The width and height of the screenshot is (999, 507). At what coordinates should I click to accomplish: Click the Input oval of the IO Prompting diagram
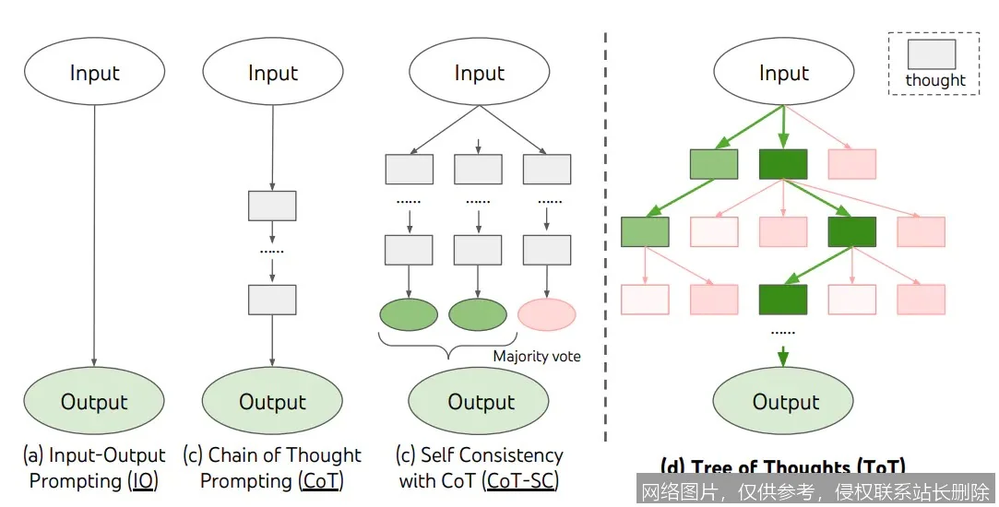(x=94, y=72)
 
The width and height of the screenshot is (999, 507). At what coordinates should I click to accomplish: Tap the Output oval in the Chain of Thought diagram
(x=272, y=401)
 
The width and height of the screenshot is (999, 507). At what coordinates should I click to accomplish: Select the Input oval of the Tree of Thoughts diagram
(x=783, y=72)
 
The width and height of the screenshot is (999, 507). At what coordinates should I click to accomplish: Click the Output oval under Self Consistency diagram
(x=480, y=401)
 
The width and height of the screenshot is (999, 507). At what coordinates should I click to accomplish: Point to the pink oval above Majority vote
(x=547, y=314)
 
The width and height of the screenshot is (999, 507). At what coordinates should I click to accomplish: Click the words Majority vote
(x=537, y=356)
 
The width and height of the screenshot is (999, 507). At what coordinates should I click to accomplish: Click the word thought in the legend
(x=934, y=80)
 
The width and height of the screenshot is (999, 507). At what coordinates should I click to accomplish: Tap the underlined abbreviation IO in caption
(x=143, y=481)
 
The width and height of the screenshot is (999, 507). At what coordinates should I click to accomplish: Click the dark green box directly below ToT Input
(x=783, y=163)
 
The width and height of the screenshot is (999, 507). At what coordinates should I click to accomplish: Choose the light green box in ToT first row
(x=714, y=163)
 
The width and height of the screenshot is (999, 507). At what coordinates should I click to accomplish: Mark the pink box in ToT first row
(x=851, y=163)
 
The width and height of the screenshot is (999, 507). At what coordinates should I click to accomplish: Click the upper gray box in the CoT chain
(x=272, y=206)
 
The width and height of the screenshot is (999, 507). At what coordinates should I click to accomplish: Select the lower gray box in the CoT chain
(x=272, y=300)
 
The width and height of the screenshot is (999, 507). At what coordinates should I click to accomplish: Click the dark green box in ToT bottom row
(x=783, y=300)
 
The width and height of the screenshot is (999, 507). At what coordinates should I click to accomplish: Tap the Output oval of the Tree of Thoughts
(x=785, y=401)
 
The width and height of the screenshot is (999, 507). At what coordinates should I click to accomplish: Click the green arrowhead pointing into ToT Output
(x=783, y=360)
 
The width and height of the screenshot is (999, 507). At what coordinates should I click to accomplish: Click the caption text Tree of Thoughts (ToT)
(x=783, y=466)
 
